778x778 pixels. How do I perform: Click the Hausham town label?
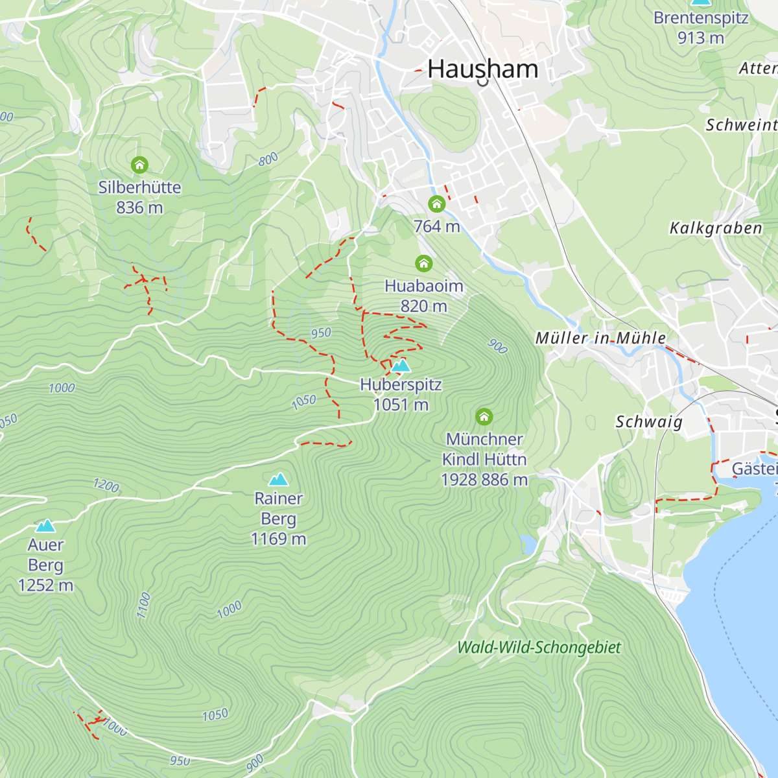tap(483, 69)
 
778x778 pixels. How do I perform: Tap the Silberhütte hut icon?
tap(139, 165)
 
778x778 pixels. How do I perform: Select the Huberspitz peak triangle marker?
tap(401, 366)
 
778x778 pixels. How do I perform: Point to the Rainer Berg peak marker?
tap(278, 479)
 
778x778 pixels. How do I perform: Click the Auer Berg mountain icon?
tap(45, 525)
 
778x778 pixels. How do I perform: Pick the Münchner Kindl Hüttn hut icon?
tap(484, 416)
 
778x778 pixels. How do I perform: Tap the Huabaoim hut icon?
tap(423, 263)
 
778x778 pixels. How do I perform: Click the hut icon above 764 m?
tap(436, 204)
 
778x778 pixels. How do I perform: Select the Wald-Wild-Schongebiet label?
tap(539, 647)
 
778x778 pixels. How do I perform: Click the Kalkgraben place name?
tap(716, 228)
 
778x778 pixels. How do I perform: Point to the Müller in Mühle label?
tap(600, 338)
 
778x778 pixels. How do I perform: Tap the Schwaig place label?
tap(649, 422)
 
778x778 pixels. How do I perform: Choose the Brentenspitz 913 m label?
tap(701, 28)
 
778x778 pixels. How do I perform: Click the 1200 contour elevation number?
tap(106, 485)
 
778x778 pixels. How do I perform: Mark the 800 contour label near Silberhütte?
tap(268, 159)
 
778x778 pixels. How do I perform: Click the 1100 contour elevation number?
tap(144, 605)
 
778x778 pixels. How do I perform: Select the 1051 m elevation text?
tap(401, 405)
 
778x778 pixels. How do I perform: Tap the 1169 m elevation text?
tap(278, 539)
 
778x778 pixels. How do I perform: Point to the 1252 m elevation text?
tap(45, 585)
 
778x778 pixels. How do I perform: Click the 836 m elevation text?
tap(139, 207)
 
